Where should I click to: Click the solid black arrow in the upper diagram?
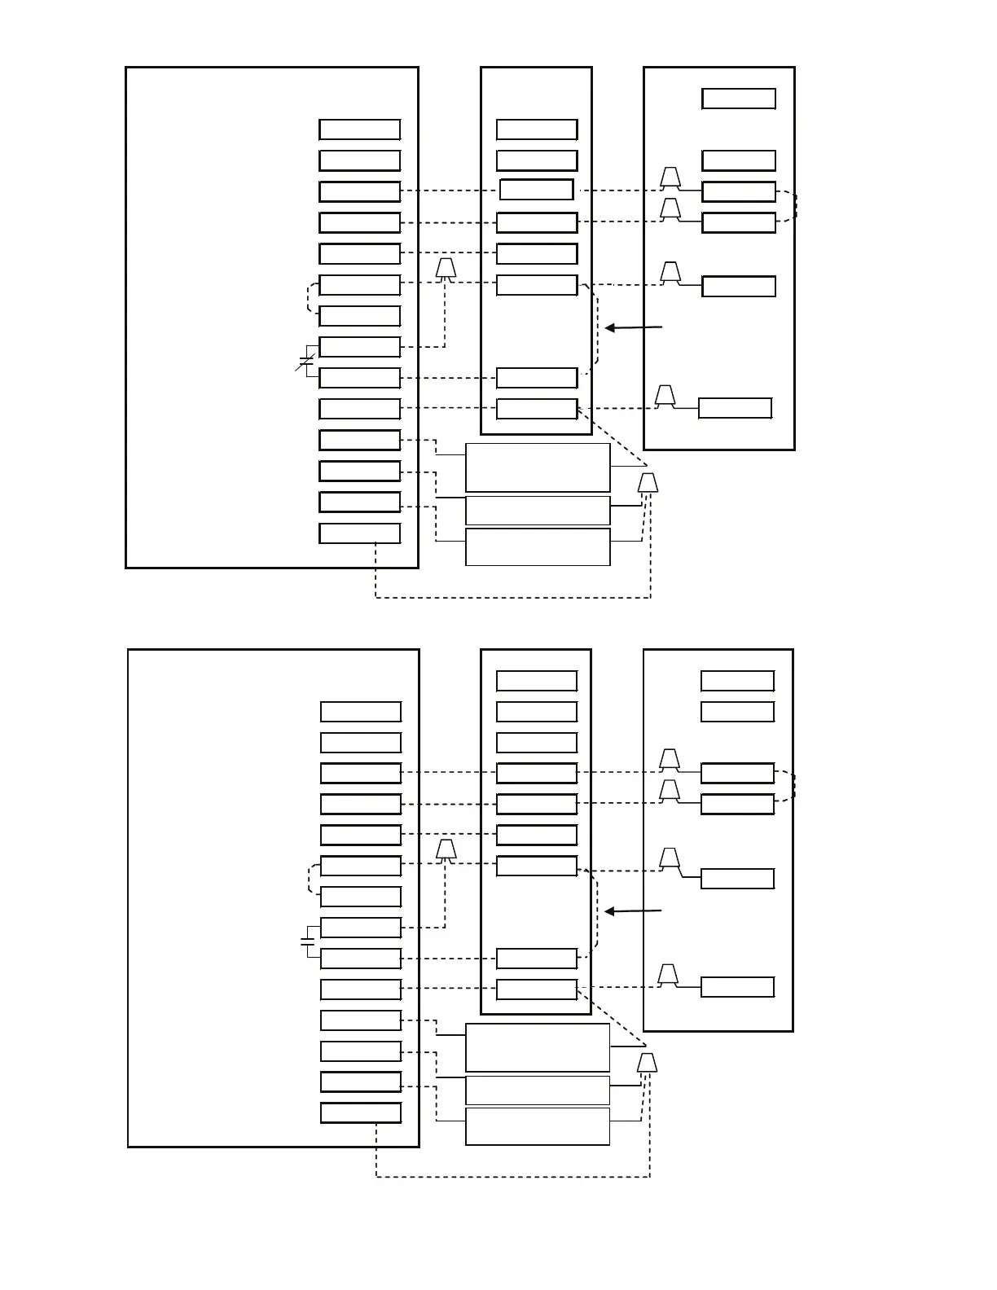(x=634, y=327)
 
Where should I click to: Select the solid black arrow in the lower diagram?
(x=633, y=910)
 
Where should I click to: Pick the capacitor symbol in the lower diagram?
(x=307, y=941)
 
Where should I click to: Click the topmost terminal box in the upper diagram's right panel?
(x=738, y=99)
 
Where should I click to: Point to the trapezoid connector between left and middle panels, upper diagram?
(x=445, y=269)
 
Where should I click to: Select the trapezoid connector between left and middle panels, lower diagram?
(x=445, y=850)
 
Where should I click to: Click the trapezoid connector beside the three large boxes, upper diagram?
(x=648, y=483)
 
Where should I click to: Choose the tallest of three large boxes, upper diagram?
(x=538, y=467)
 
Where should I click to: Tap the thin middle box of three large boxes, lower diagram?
(x=538, y=1090)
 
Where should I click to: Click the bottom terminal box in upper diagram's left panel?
(x=359, y=533)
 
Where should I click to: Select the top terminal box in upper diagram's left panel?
(x=359, y=129)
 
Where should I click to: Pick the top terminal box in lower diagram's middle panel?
(x=537, y=681)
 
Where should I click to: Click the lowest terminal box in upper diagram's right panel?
(x=735, y=408)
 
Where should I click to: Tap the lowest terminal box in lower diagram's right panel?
(x=737, y=987)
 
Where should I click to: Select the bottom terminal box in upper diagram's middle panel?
(x=537, y=409)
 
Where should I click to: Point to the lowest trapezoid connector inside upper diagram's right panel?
(x=665, y=396)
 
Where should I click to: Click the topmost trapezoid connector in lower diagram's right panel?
(x=670, y=759)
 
